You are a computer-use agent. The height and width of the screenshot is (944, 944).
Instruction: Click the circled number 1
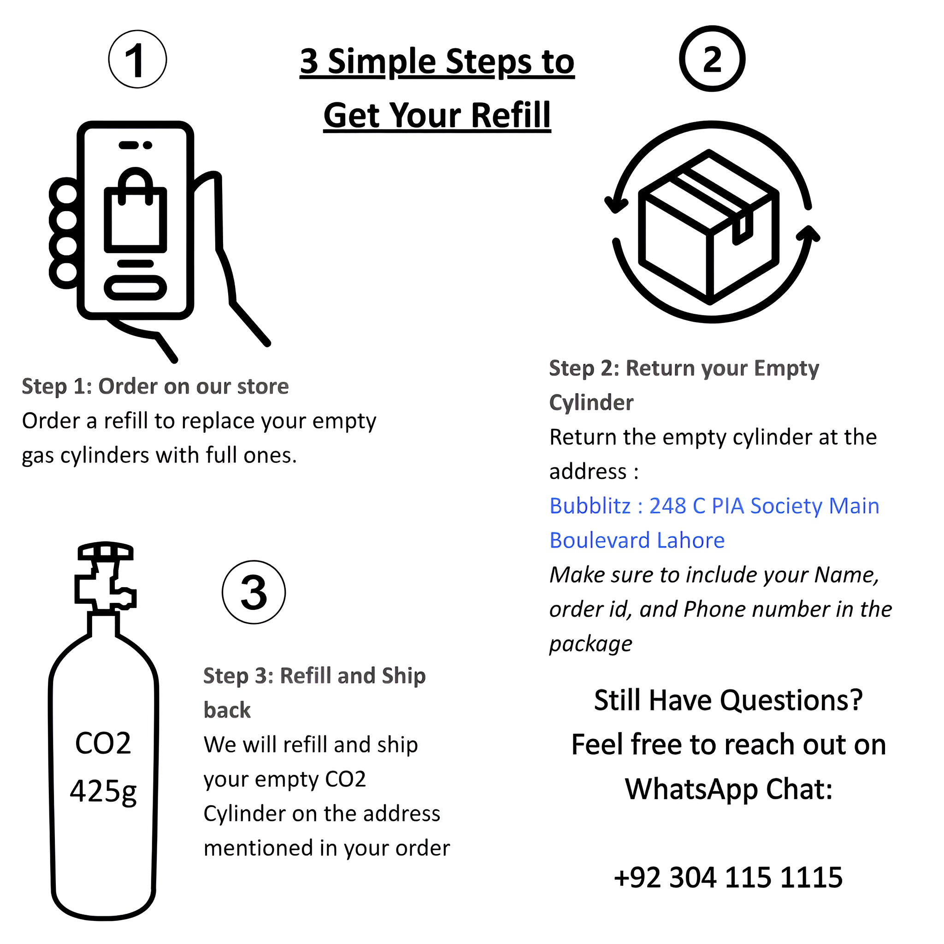click(x=137, y=59)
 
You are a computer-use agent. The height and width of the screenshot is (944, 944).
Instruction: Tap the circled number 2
click(x=712, y=59)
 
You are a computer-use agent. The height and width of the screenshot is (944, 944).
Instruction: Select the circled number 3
click(x=254, y=592)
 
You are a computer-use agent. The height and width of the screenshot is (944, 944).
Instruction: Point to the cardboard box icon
click(x=708, y=227)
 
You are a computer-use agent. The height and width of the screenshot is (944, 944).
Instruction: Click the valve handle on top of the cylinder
click(x=106, y=551)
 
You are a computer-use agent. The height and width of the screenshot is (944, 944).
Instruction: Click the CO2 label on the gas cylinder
click(x=103, y=743)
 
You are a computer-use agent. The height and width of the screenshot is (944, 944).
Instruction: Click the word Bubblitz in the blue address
click(x=590, y=506)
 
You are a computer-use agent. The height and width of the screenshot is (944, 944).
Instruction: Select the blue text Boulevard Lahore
click(x=637, y=540)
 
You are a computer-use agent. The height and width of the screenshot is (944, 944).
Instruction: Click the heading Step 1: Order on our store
click(x=155, y=386)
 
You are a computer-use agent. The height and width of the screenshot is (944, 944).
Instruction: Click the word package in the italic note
click(x=590, y=643)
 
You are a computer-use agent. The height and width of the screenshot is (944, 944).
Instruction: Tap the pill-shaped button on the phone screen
click(x=136, y=287)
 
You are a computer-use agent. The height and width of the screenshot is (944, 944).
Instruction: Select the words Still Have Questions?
click(x=728, y=700)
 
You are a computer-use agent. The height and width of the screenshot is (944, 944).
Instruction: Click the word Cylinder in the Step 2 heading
click(x=591, y=402)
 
